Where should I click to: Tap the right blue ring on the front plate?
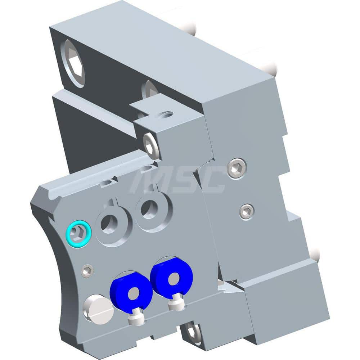point(171,277)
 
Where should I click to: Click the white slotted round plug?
point(98,309)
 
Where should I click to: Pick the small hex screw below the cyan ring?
point(87,271)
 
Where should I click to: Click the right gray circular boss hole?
point(149,210)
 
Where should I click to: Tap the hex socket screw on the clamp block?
point(151,145)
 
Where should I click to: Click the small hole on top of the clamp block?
point(167,115)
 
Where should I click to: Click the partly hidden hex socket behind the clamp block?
point(150,89)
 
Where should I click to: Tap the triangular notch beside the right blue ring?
point(227,286)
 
